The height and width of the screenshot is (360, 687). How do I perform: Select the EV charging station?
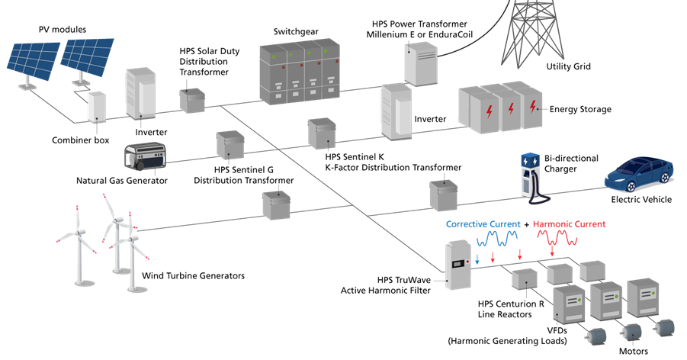[529, 175]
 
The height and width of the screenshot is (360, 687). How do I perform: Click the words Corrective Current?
[483, 224]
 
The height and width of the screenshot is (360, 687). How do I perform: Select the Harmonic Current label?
[569, 224]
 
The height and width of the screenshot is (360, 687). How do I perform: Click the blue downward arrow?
[477, 260]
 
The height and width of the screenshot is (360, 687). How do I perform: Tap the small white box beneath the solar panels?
[98, 107]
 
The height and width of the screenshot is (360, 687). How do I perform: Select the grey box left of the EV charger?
[443, 195]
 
